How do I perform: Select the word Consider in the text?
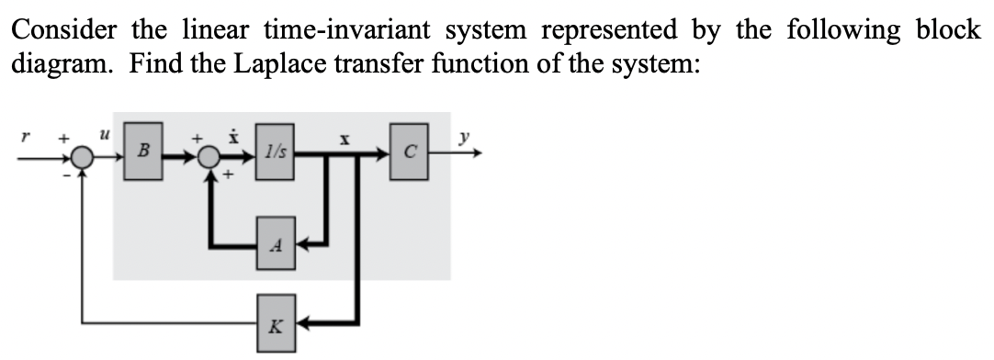63,29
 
